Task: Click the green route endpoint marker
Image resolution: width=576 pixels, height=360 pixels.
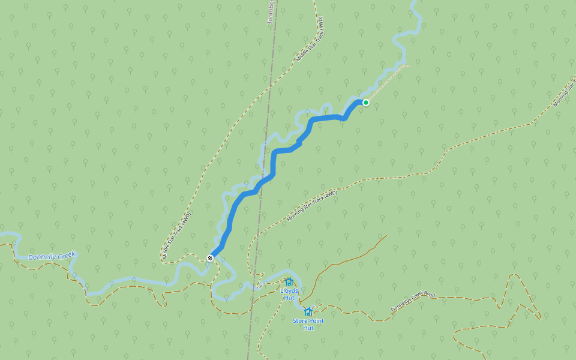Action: click(365, 103)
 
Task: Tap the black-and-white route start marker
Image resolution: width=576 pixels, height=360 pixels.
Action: click(210, 258)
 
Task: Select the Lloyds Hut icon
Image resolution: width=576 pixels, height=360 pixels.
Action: click(289, 282)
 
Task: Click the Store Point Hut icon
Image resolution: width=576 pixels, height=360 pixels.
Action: click(308, 312)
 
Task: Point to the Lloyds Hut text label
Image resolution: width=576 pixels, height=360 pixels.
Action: click(289, 294)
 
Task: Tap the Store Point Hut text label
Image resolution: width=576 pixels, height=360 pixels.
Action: click(308, 324)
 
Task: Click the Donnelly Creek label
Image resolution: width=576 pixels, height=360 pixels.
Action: click(52, 256)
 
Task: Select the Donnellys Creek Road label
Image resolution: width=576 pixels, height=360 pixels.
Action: click(412, 301)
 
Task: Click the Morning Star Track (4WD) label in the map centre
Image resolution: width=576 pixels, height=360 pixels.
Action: click(312, 206)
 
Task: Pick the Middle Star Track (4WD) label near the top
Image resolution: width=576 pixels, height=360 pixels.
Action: click(310, 39)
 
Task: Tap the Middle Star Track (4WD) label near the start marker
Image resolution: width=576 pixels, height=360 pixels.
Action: click(176, 235)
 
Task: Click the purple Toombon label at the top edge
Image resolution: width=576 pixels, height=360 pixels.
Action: click(271, 12)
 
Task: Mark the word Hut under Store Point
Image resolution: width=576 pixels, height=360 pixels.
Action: click(308, 328)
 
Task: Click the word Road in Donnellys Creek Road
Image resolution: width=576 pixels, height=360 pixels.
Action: click(428, 294)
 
